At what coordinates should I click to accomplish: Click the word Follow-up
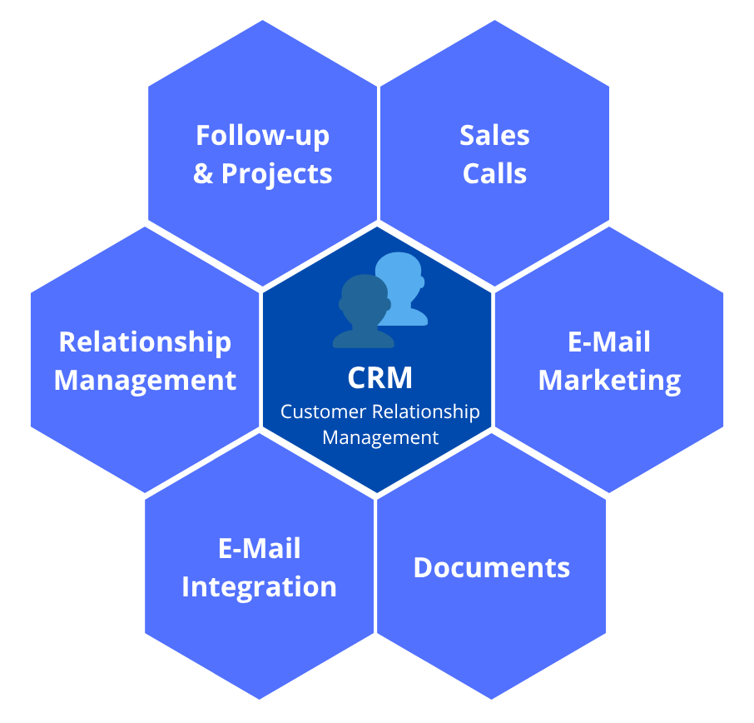[262, 136]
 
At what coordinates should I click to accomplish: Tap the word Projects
[276, 174]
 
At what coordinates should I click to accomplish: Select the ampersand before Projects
[202, 174]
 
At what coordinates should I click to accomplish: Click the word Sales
[494, 136]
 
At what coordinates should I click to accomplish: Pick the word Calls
[494, 174]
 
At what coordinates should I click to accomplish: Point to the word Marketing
[609, 381]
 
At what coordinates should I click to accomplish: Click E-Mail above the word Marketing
[609, 342]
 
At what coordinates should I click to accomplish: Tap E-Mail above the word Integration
[259, 548]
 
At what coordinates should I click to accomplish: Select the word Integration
[259, 586]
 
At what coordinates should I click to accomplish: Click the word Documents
[491, 567]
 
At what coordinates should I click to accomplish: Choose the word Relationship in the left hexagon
[145, 342]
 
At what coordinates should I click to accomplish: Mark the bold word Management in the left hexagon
[145, 381]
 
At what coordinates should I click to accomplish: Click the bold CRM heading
[379, 377]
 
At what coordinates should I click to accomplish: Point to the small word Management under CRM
[379, 436]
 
